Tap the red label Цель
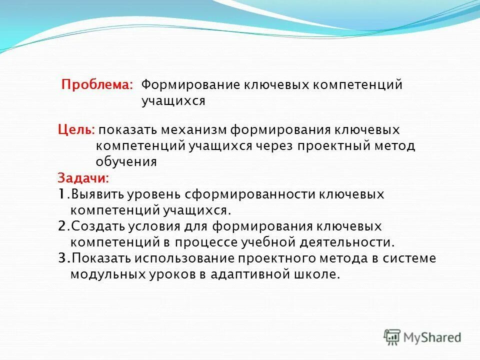75,130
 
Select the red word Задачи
83,178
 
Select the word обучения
126,162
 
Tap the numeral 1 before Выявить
60,194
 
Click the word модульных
102,274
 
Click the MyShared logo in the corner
422,337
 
